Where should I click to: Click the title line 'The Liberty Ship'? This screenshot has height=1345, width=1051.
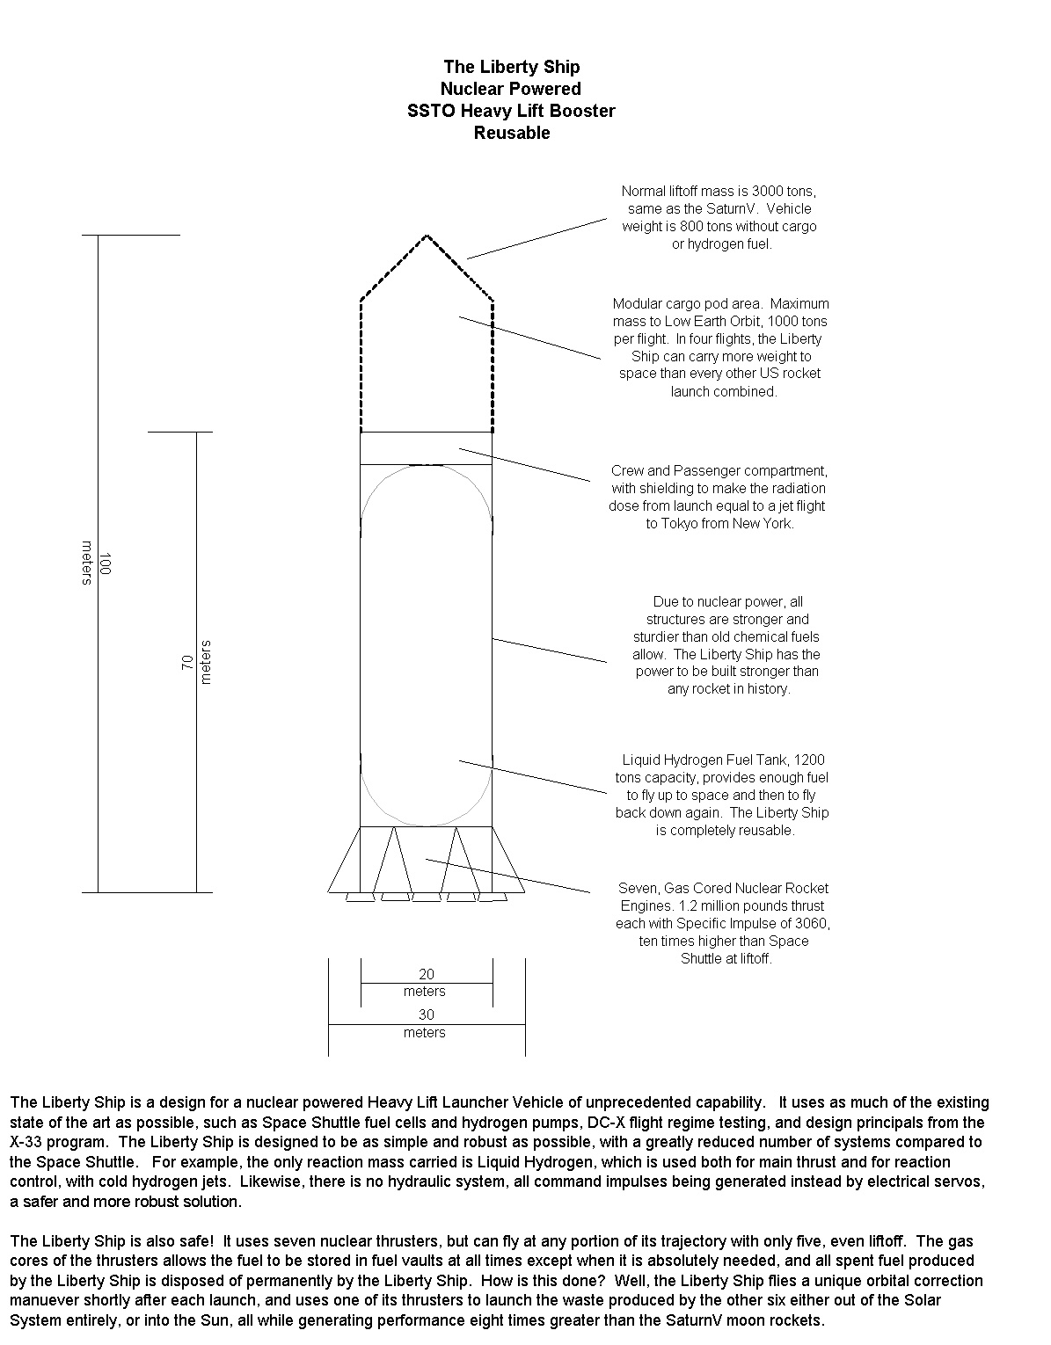pos(511,67)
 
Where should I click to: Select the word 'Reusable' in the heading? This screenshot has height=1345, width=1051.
pos(512,133)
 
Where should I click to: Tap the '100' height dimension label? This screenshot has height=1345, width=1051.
pos(105,563)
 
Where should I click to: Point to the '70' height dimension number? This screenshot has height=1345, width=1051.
pos(187,663)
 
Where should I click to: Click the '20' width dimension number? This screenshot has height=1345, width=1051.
pos(427,974)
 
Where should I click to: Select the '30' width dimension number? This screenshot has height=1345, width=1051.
pos(427,1014)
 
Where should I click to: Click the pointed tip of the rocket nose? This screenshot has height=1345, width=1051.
pos(427,236)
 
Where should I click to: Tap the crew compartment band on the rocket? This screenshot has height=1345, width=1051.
pos(427,448)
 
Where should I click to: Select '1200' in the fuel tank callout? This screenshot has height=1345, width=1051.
pos(810,760)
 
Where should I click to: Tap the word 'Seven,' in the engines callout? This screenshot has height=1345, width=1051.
pos(639,888)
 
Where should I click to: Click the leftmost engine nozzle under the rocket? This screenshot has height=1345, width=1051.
pos(361,898)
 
